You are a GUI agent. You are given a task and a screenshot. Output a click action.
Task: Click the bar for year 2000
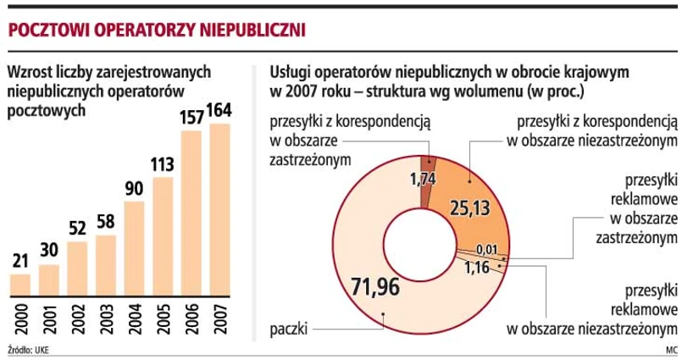click(x=20, y=285)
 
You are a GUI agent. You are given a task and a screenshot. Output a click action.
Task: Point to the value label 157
click(x=191, y=117)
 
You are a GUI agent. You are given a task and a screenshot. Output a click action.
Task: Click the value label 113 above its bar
click(x=163, y=164)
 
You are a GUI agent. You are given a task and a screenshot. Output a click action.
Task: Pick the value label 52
click(x=77, y=230)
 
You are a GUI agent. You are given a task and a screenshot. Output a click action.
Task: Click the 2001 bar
click(x=49, y=280)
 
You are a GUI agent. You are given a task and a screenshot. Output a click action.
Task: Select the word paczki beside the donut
click(x=288, y=327)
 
